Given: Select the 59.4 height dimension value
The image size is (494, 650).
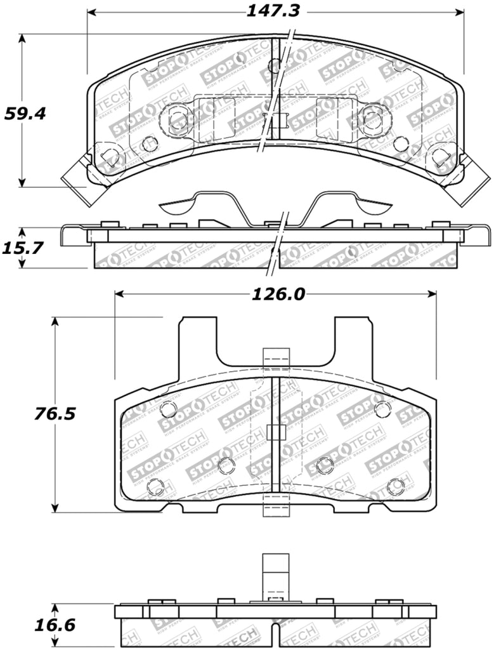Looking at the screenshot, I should tap(25, 114).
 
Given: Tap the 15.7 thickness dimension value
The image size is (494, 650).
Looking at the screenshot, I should tap(23, 248).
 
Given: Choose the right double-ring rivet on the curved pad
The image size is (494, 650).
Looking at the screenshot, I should tap(374, 119).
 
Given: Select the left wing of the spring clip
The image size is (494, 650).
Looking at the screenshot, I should tap(184, 204).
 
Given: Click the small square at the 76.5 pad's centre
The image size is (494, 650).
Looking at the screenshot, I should tap(276, 432).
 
